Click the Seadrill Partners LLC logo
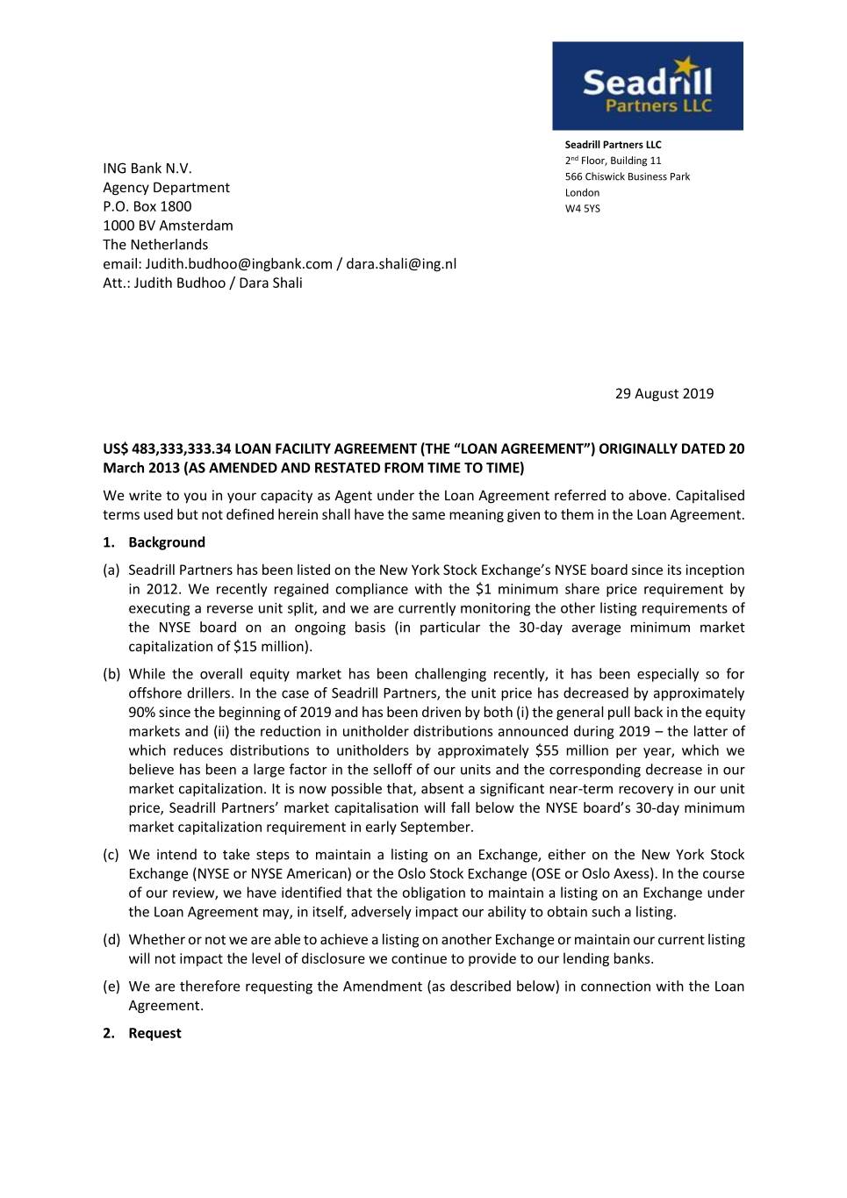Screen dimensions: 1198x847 [x=647, y=86]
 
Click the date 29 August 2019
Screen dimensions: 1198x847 [x=664, y=393]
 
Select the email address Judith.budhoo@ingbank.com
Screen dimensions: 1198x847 [x=239, y=263]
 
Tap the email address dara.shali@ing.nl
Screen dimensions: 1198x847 [x=401, y=263]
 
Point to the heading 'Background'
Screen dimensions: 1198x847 [x=167, y=542]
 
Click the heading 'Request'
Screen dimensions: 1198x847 [x=154, y=1033]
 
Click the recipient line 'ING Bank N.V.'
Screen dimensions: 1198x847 [x=147, y=169]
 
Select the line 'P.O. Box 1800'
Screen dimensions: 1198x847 [x=147, y=206]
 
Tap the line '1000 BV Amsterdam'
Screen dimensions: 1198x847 [x=168, y=226]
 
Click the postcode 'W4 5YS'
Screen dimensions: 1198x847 [x=583, y=209]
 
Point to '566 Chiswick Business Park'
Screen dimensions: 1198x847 [x=628, y=176]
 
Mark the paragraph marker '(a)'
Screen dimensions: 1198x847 [x=111, y=570]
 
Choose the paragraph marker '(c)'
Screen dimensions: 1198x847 [x=111, y=855]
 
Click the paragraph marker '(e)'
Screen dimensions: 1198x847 [x=111, y=986]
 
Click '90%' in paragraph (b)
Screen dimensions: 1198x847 [x=143, y=713]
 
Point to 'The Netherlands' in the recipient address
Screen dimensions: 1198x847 [x=155, y=245]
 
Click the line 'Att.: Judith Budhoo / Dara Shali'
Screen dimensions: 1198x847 [x=203, y=283]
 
